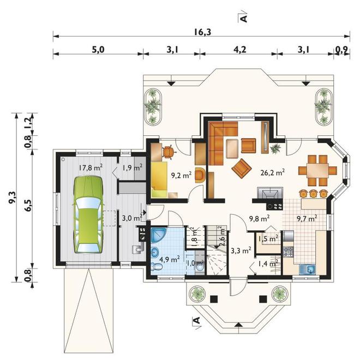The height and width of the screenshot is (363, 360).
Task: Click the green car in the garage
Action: [x=88, y=215]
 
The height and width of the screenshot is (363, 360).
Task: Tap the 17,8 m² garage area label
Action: [x=91, y=168]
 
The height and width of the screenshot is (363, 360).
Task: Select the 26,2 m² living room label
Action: [x=272, y=172]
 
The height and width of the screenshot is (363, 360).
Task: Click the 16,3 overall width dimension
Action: [x=202, y=32]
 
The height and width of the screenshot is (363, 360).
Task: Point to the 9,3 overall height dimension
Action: [x=12, y=198]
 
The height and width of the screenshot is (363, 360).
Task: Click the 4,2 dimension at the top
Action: [x=239, y=50]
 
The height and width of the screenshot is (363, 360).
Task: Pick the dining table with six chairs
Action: [x=317, y=171]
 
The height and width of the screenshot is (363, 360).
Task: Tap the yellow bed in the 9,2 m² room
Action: [x=159, y=180]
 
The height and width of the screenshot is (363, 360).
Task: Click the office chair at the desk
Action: [x=169, y=152]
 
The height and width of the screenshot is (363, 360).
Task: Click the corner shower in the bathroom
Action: [x=159, y=235]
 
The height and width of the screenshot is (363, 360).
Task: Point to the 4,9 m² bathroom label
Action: [x=169, y=259]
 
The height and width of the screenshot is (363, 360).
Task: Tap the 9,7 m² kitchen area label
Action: [x=307, y=218]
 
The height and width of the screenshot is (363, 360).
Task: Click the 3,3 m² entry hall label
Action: [x=241, y=250]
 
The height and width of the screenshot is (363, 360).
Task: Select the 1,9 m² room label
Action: [x=132, y=168]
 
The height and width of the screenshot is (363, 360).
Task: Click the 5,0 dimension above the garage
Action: [x=98, y=50]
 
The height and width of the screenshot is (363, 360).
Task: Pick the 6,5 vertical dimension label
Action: [x=29, y=204]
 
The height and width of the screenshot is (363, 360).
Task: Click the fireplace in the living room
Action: [x=270, y=193]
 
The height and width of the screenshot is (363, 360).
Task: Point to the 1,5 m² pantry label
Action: [x=268, y=239]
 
